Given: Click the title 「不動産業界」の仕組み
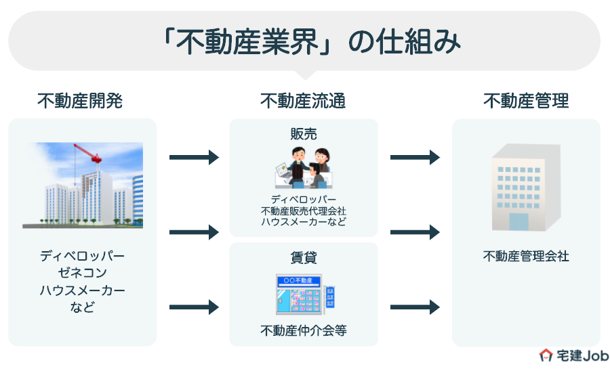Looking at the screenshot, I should [x=305, y=42].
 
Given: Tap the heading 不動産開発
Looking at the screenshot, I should [x=80, y=102].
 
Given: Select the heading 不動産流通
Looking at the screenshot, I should [x=303, y=102].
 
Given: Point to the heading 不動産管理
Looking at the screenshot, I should [x=526, y=102].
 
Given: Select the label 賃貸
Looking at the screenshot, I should [x=304, y=258].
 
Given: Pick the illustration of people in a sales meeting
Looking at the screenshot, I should [x=303, y=169].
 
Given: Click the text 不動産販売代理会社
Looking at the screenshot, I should [x=304, y=211].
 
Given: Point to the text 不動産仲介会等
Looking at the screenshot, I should [x=304, y=331].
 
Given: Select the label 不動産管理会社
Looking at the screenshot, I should [x=526, y=257].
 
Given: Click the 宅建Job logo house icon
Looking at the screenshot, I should [x=546, y=355].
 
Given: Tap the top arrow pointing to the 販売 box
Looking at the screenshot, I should [x=194, y=158].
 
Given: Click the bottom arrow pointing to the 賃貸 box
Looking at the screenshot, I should [x=194, y=307].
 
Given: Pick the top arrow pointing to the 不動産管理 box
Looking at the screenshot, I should [x=415, y=158].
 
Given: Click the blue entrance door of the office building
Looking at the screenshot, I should [x=518, y=222].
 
